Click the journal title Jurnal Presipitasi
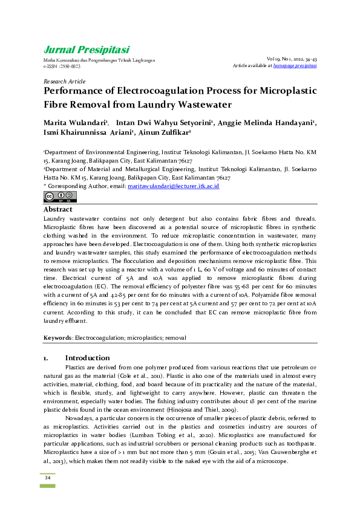[86, 50]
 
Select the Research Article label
[64, 81]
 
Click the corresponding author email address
[173, 187]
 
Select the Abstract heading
[58, 209]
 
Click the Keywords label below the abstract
[57, 337]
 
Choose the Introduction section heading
[87, 358]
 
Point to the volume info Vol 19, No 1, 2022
[290, 59]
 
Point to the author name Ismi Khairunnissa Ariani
[88, 133]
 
